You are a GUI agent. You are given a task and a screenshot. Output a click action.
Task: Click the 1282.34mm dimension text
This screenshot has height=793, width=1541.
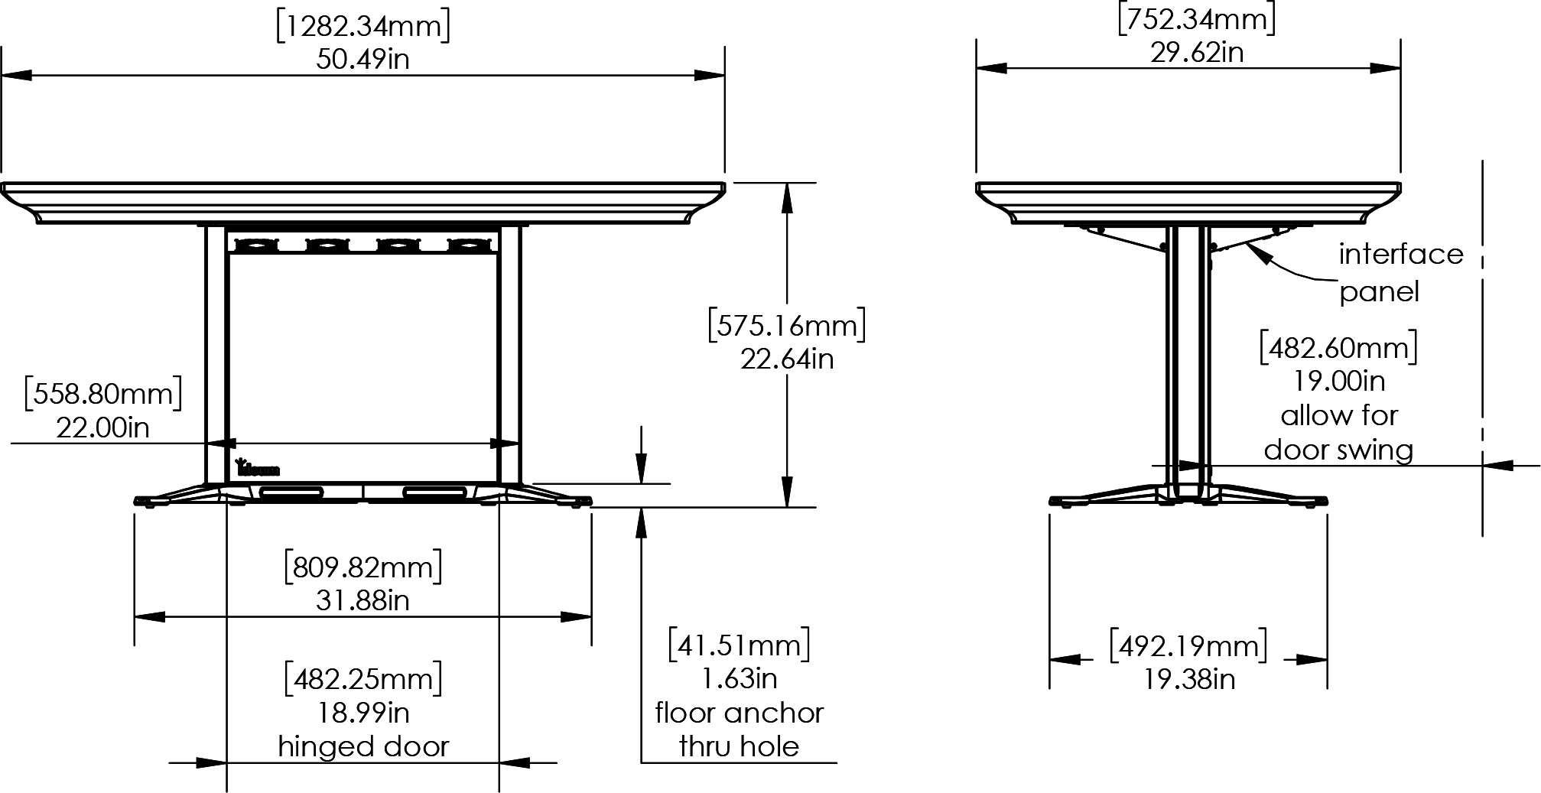pos(362,27)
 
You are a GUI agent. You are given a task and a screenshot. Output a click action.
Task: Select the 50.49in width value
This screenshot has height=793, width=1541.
pos(362,60)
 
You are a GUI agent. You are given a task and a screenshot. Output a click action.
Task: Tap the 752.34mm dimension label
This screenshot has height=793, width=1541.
pos(1197,20)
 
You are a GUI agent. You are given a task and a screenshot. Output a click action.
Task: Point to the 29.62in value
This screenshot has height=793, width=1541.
pos(1197,53)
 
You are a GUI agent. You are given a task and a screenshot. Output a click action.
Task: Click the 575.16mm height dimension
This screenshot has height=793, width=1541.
pos(787,326)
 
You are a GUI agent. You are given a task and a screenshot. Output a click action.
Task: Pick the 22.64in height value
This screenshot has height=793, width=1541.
pos(787,359)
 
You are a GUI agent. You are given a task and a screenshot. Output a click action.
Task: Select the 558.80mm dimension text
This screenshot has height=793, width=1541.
pos(103,395)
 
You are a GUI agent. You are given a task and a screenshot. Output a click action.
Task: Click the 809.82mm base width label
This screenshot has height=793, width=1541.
pos(363,567)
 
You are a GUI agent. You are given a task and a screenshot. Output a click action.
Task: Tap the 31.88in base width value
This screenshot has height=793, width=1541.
pos(363,601)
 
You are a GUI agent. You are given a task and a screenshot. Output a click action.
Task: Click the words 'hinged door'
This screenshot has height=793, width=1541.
pos(363,746)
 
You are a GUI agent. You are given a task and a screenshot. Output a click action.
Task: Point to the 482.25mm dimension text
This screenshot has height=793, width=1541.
pos(363,679)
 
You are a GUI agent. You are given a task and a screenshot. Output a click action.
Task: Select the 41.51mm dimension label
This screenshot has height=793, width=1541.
pos(739,645)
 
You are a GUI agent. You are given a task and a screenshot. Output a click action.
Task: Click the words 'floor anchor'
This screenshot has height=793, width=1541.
pos(739,713)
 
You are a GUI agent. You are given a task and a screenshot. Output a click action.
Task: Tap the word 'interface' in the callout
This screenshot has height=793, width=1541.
pos(1400,254)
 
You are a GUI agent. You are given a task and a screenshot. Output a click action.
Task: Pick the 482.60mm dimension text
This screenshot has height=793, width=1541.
pos(1338,348)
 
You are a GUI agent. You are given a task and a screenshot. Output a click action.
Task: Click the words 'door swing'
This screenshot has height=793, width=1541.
pos(1338,450)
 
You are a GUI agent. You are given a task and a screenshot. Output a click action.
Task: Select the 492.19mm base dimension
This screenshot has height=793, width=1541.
pos(1188,646)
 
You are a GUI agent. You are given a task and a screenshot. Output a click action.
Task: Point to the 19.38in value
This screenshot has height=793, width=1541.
pos(1188,679)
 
